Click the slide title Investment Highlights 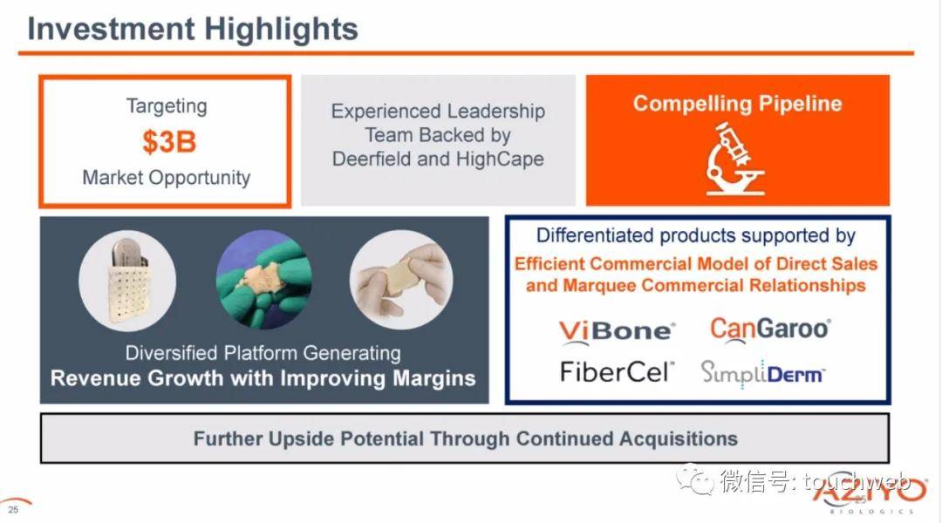(193, 28)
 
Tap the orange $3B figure (169, 142)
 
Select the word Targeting (167, 106)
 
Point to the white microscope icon (736, 159)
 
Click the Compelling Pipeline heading (737, 103)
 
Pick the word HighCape (500, 160)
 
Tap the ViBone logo (617, 331)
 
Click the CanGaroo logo (770, 329)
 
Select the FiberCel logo (617, 371)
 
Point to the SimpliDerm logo (762, 373)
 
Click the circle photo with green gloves (263, 280)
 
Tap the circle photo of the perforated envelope (127, 281)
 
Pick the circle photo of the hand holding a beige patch (400, 280)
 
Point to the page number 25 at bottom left (13, 510)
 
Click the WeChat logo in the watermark (694, 479)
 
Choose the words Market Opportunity (167, 178)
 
